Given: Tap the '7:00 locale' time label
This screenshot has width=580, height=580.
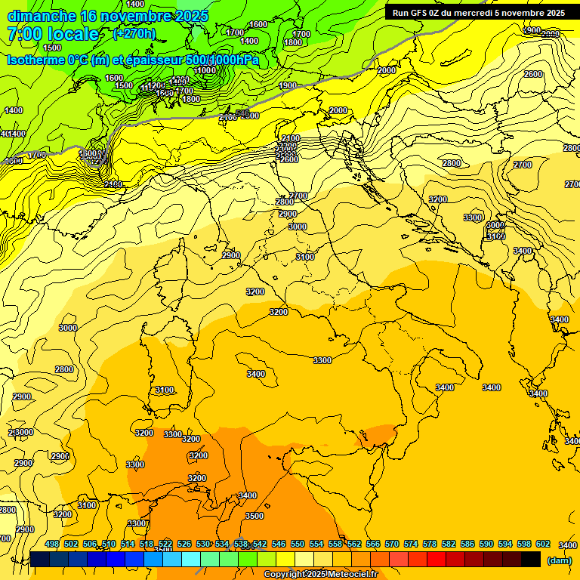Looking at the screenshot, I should [53, 34].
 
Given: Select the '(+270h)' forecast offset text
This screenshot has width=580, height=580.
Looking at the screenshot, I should [134, 34].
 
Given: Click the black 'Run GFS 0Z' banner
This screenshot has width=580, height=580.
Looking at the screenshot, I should [478, 13].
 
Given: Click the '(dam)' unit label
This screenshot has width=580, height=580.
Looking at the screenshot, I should [559, 561].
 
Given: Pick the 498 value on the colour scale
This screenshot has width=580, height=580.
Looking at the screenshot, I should [52, 544].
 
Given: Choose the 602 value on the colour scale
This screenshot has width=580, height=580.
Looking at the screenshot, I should [543, 544].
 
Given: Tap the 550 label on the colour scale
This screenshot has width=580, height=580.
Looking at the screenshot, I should [298, 544].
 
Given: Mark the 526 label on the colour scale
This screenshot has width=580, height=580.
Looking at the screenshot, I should [184, 544].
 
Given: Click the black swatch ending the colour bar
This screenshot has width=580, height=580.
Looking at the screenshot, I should [531, 560].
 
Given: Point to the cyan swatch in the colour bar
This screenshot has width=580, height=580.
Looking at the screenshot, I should [191, 560].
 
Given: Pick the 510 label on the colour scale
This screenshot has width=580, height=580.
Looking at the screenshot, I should [109, 544].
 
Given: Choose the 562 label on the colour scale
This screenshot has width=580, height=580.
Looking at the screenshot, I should [354, 544].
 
